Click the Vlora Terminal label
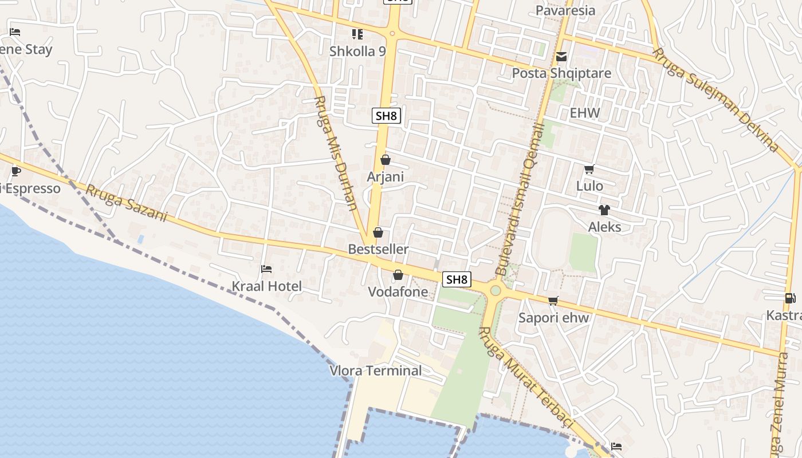376,370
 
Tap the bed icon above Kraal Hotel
266,269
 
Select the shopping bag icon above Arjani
386,160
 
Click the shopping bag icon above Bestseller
378,232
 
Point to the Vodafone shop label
398,292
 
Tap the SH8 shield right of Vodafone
457,279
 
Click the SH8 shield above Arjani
387,116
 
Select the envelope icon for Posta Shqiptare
561,57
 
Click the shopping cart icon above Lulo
589,169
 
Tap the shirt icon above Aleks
604,210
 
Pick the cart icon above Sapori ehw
553,301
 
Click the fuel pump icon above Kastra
790,298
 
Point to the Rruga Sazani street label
127,203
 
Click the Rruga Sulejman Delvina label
717,100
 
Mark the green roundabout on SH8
496,291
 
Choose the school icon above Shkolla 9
358,34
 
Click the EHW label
585,113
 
